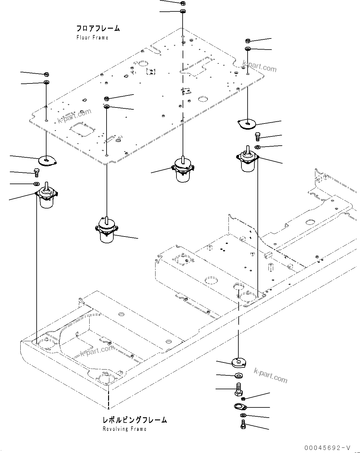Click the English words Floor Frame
[92, 38]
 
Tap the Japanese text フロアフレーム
[98, 29]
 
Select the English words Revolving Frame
[124, 429]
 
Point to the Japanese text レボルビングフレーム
[135, 420]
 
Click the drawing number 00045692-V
[327, 447]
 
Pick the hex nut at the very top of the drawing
[182, 3]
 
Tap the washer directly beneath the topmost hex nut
[182, 11]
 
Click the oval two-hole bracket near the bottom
[239, 407]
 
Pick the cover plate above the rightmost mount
[247, 123]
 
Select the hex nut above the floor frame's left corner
[47, 74]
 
